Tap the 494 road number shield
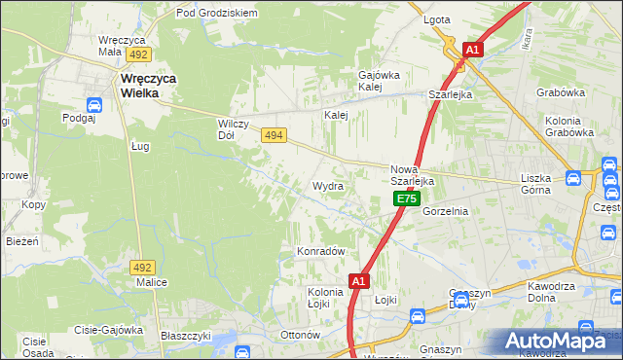(x=274, y=138)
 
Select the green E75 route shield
(x=407, y=198)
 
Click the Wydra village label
(x=327, y=185)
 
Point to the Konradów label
(x=321, y=251)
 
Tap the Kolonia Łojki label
(x=325, y=297)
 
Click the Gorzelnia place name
(x=447, y=210)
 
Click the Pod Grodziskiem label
(x=216, y=14)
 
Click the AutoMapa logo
(x=560, y=340)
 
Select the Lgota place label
(x=437, y=19)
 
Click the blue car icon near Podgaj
(x=94, y=105)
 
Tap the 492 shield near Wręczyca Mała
(x=139, y=55)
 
